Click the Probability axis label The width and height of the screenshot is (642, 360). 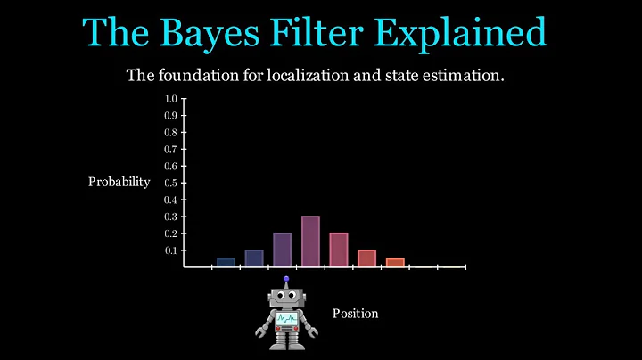tap(119, 182)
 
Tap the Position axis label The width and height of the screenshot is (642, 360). tap(355, 314)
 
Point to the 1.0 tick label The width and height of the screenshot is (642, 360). tap(170, 98)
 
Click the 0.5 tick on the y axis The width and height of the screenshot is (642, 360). tap(170, 183)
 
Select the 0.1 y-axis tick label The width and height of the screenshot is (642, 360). tap(170, 250)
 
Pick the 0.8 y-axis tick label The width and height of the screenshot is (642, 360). tap(170, 132)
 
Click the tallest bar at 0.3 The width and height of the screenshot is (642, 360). tap(310, 241)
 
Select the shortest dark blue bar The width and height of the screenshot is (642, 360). tap(226, 262)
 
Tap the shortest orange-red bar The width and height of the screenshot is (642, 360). tap(395, 262)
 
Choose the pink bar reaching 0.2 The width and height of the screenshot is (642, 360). tap(339, 250)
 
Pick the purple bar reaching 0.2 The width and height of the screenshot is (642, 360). tap(282, 250)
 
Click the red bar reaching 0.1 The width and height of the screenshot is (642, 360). tap(366, 258)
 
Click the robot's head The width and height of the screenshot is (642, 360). tap(285, 297)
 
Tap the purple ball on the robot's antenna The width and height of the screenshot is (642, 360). tap(286, 278)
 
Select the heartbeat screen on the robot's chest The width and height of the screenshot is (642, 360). tap(286, 319)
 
